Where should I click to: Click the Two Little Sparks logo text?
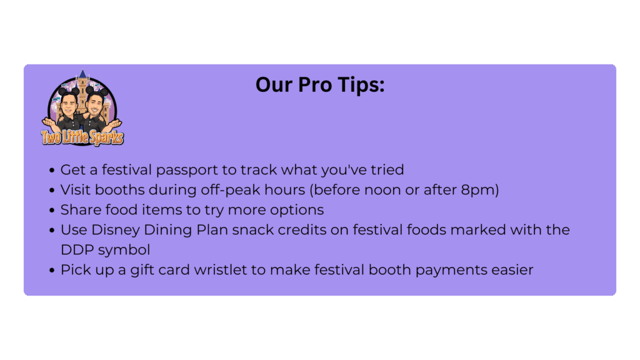click(82, 137)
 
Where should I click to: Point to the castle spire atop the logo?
click(83, 74)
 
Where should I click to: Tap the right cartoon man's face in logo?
click(95, 105)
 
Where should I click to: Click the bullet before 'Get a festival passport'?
click(52, 170)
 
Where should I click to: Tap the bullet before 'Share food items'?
click(52, 210)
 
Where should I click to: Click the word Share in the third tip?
click(81, 210)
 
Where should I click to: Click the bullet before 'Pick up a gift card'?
click(52, 270)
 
